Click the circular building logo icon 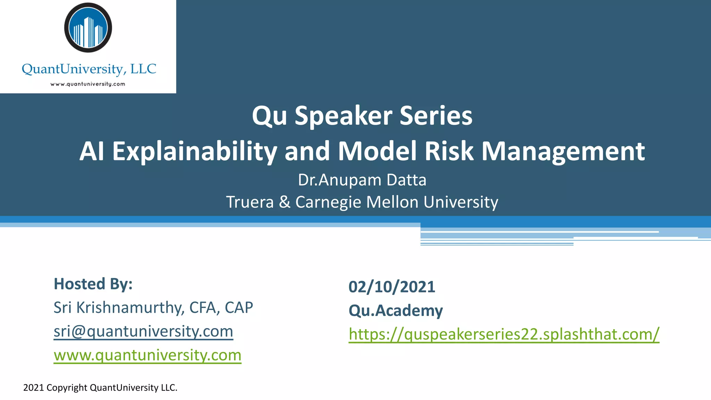pos(88,28)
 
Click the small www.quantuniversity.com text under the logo pos(88,84)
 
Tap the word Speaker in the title pos(343,116)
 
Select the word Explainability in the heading pos(194,151)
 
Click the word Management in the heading pos(563,151)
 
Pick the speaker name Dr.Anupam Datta pos(362,180)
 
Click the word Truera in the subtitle pos(250,202)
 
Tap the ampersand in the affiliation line pos(284,202)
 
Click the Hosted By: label pos(93,284)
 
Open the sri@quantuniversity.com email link pos(143,331)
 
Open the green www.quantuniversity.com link pos(147,355)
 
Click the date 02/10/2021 pos(392,287)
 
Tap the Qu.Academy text pos(395,310)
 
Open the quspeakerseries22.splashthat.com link pos(504,334)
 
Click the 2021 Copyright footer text pos(100,387)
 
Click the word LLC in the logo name pos(143,69)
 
